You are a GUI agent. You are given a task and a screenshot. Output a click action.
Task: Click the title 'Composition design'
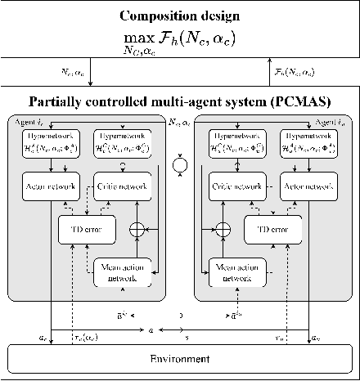[x=180, y=16]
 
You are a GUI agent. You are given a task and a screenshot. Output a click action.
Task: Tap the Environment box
[x=180, y=358]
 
